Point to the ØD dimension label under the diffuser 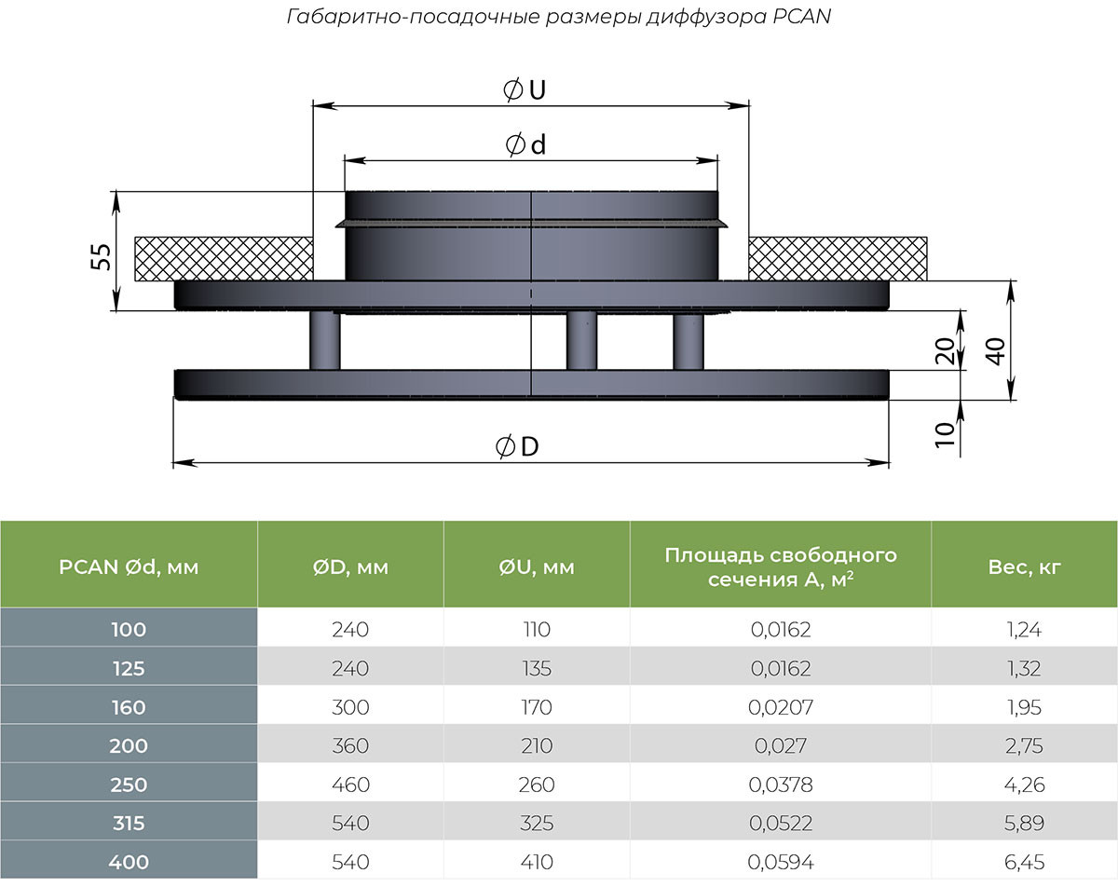pos(518,447)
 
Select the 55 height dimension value pos(102,257)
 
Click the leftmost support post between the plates pos(325,341)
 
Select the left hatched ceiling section pos(224,257)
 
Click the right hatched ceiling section pos(838,257)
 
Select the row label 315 pos(129,824)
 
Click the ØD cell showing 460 pos(350,785)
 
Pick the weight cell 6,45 pos(1023,863)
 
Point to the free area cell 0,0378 pos(781,785)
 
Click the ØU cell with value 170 pos(536,707)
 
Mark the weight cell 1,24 pos(1023,630)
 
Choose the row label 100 pos(129,630)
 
